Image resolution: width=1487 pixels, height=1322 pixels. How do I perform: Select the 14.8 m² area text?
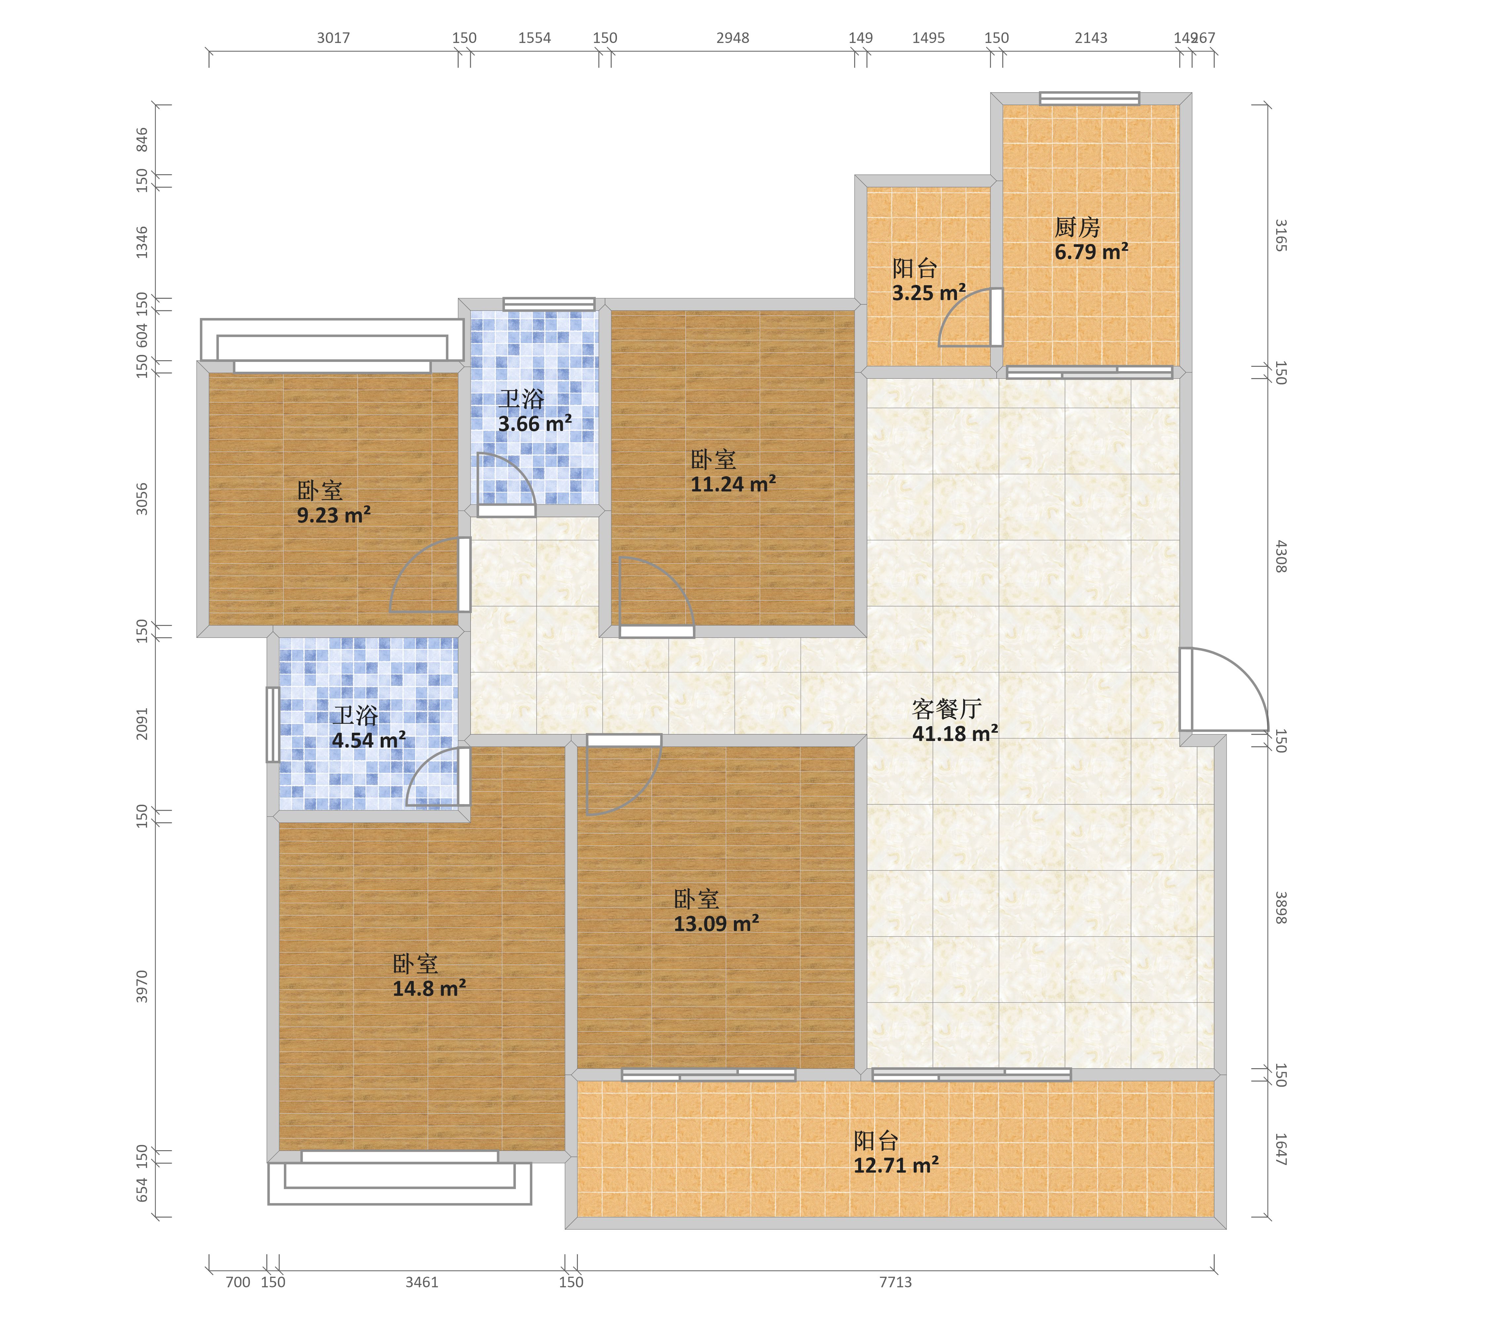click(x=429, y=988)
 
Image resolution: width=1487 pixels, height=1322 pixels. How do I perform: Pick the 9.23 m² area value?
click(x=334, y=515)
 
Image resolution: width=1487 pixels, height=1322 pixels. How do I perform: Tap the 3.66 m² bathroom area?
click(x=535, y=423)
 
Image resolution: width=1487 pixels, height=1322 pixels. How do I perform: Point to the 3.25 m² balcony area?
click(x=929, y=292)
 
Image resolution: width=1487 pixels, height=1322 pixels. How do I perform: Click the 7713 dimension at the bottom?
click(x=896, y=1282)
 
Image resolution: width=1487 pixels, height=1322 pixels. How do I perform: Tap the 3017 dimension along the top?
click(x=333, y=38)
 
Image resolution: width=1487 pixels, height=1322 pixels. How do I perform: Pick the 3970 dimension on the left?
click(x=142, y=987)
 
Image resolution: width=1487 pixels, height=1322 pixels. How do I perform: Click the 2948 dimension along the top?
click(x=733, y=38)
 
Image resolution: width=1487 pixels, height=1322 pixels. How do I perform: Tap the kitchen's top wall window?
click(x=1089, y=98)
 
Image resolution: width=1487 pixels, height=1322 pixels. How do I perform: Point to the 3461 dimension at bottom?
click(x=422, y=1282)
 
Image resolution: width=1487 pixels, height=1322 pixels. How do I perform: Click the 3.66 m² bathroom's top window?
click(x=549, y=304)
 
